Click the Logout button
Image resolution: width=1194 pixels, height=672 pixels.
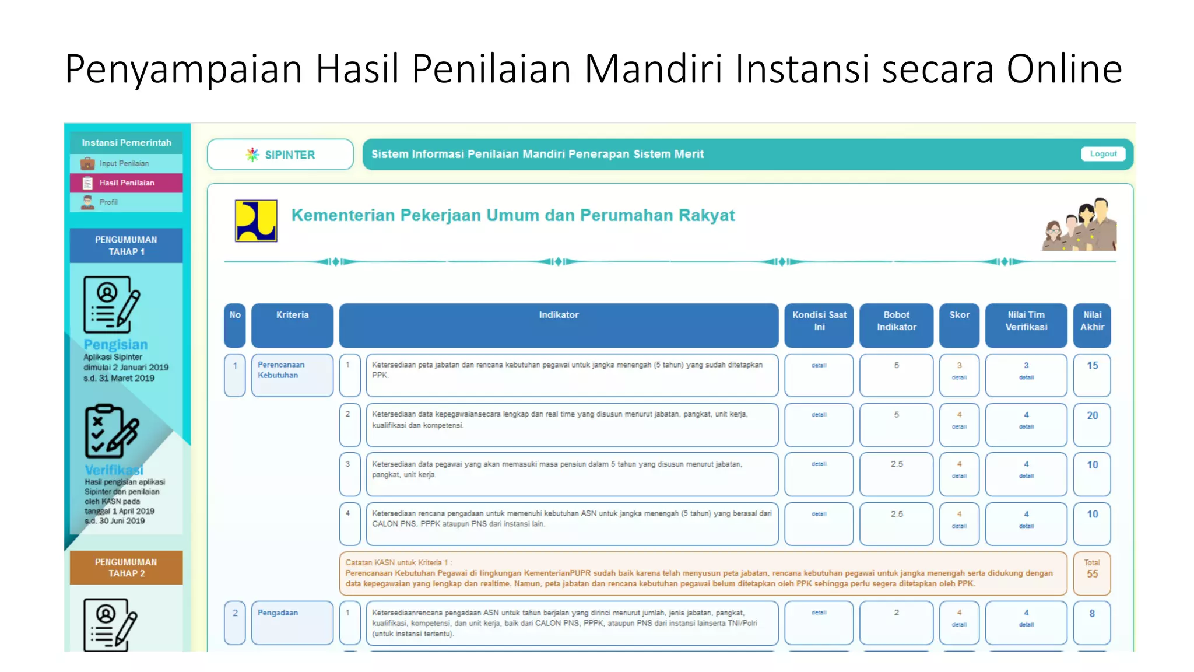[x=1103, y=154]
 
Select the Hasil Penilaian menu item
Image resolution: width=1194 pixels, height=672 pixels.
[x=126, y=183]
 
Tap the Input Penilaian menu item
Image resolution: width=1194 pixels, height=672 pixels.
[x=124, y=163]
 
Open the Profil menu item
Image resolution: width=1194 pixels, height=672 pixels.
[x=108, y=202]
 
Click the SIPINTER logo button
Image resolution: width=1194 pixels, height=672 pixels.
[x=280, y=155]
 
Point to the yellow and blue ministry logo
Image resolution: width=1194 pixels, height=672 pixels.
[x=256, y=220]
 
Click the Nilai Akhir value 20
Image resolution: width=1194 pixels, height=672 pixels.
[x=1092, y=416]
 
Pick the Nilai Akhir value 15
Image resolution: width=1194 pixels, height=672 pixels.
[x=1092, y=366]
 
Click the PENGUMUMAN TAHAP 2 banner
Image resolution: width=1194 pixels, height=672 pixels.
[x=126, y=568]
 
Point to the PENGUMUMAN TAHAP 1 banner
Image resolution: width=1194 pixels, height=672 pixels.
[x=126, y=246]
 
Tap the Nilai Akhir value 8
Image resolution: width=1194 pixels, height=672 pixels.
[x=1092, y=614]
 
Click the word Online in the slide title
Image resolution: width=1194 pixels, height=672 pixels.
[x=1064, y=69]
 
